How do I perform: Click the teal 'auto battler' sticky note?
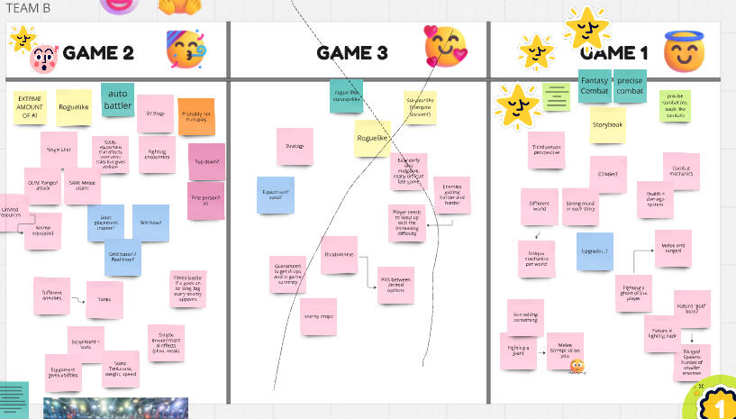click(x=118, y=99)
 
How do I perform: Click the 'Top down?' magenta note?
click(x=206, y=162)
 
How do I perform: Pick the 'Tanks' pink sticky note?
click(x=104, y=299)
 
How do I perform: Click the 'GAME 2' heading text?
click(x=98, y=53)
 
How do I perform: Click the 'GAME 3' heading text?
click(x=352, y=53)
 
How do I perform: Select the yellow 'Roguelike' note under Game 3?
click(x=372, y=139)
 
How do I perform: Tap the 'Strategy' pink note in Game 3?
click(x=295, y=146)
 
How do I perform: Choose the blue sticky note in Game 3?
click(x=275, y=195)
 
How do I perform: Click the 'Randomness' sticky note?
click(x=339, y=255)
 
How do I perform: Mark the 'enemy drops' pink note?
click(x=318, y=316)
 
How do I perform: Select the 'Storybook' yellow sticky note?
click(x=608, y=125)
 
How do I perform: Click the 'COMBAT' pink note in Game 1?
click(x=608, y=174)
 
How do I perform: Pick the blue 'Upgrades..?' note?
click(x=595, y=251)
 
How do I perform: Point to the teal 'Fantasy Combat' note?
click(x=595, y=86)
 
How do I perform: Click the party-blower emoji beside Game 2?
click(x=186, y=49)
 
